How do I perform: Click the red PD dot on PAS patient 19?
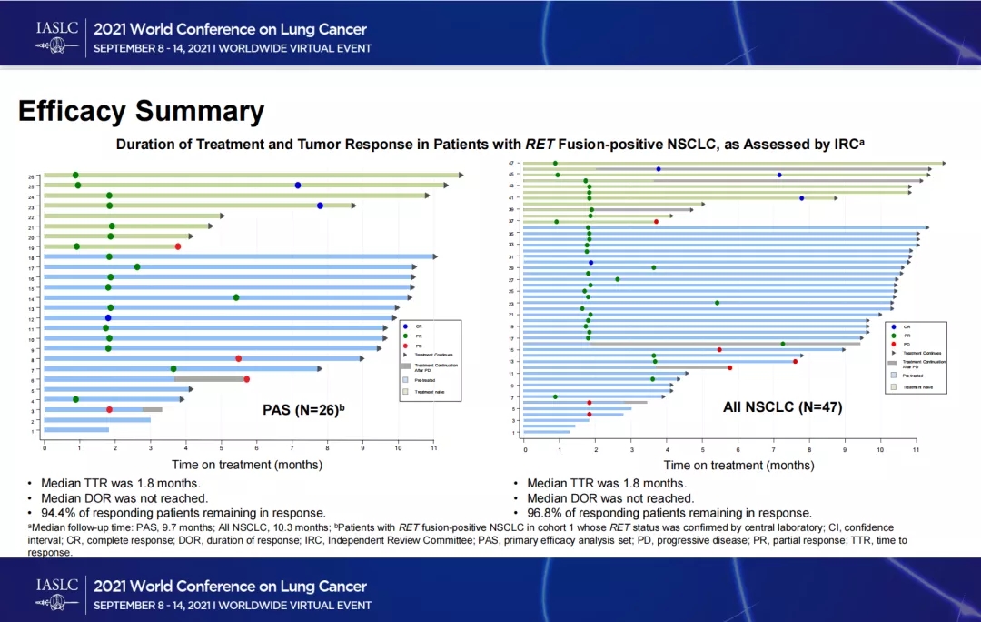pyautogui.click(x=178, y=246)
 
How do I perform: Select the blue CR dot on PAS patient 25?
pyautogui.click(x=297, y=186)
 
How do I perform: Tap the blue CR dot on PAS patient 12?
pyautogui.click(x=107, y=318)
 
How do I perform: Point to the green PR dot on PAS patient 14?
pyautogui.click(x=236, y=297)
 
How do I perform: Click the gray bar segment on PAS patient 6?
pyautogui.click(x=209, y=379)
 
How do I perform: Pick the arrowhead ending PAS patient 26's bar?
pyautogui.click(x=461, y=175)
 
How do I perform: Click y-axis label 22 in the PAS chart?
pyautogui.click(x=31, y=216)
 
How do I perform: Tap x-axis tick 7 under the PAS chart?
pyautogui.click(x=292, y=448)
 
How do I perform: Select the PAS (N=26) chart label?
pyautogui.click(x=303, y=410)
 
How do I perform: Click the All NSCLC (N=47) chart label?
pyautogui.click(x=782, y=408)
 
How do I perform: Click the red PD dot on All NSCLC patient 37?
pyautogui.click(x=656, y=221)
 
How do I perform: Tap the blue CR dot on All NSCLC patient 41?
pyautogui.click(x=801, y=197)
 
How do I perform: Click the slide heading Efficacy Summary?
pyautogui.click(x=141, y=112)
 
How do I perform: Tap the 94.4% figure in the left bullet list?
pyautogui.click(x=60, y=513)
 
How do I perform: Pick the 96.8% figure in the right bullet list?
pyautogui.click(x=546, y=513)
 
